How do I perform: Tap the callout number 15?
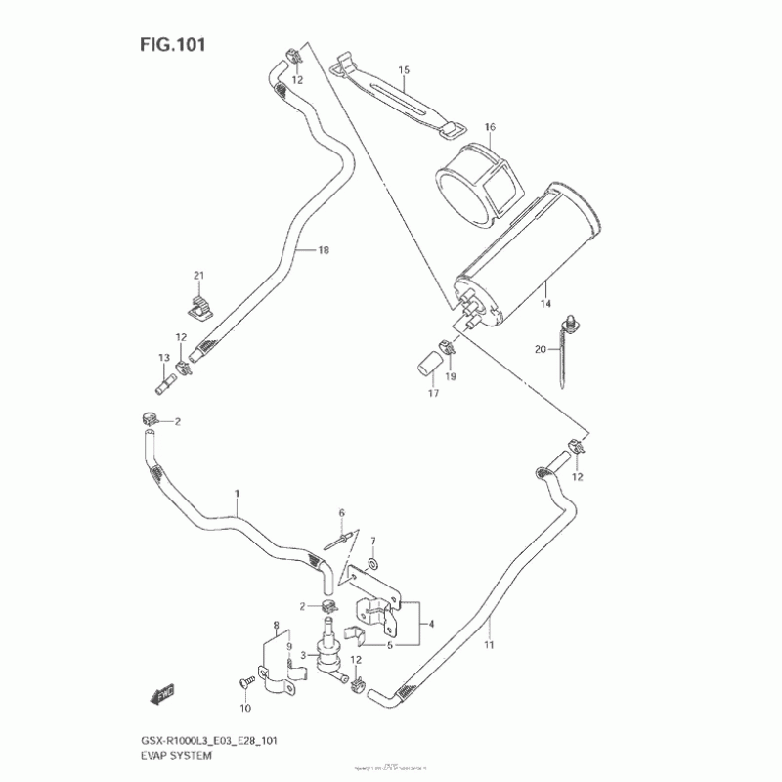pos(404,69)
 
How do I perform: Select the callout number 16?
pos(490,127)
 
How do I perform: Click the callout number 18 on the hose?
pos(324,251)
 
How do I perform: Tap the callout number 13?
pos(164,360)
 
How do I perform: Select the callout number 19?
pos(452,375)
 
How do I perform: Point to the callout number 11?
pos(489,644)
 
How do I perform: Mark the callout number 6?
pos(342,513)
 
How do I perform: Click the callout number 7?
pos(372,541)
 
